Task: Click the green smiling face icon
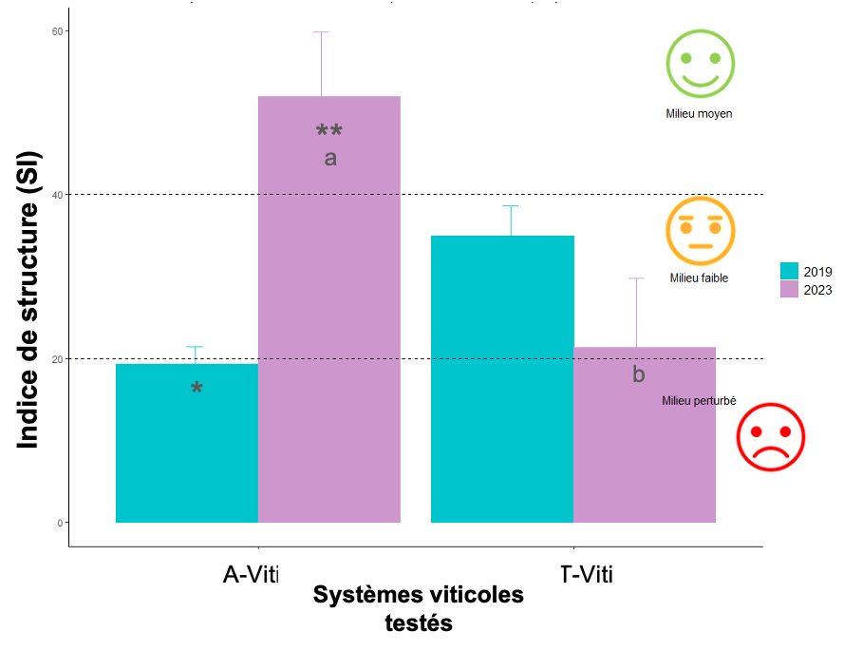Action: point(700,64)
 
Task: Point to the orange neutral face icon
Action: point(701,232)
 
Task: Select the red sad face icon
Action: point(771,438)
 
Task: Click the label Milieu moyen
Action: point(699,114)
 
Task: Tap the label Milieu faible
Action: point(699,278)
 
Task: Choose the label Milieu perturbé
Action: point(699,401)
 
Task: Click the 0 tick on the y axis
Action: point(59,523)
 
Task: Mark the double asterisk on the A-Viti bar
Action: point(329,131)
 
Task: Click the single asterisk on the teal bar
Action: point(197,389)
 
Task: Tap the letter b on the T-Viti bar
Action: point(638,375)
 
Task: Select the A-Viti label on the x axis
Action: point(244,575)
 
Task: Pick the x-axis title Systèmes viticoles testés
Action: point(418,609)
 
